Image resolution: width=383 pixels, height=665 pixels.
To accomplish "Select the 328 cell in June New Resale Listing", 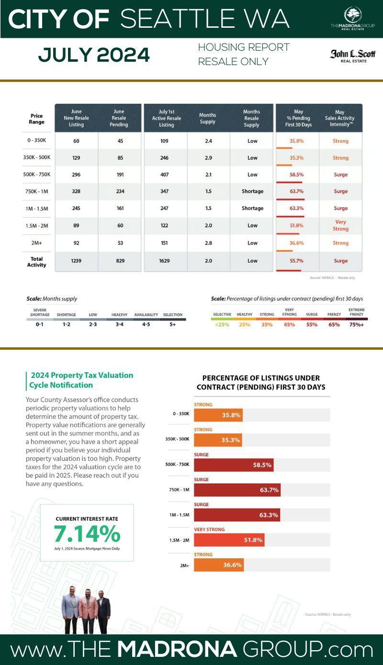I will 76,191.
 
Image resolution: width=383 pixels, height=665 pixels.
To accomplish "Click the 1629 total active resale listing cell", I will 166,261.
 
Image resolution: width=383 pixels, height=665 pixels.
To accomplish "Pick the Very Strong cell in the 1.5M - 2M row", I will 340,225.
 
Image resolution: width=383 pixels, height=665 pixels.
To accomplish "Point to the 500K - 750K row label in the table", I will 37,175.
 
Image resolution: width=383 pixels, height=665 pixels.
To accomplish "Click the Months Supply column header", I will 207,118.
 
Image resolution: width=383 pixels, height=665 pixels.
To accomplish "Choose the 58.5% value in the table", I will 296,175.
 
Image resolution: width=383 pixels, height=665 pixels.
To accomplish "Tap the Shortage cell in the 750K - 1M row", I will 252,191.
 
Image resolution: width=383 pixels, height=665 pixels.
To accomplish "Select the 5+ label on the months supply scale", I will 172,324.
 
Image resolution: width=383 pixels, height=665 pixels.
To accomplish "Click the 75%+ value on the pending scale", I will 356,324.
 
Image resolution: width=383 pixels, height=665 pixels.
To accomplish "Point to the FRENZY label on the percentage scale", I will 334,314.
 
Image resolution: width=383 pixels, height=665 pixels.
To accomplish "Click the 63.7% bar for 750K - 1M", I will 237,490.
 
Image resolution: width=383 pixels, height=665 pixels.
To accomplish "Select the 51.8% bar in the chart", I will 229,540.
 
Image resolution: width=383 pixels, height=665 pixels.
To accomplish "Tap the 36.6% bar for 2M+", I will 219,565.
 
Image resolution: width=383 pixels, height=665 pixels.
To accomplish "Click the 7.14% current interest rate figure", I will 87,533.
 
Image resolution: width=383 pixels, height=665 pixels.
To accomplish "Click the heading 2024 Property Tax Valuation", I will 81,375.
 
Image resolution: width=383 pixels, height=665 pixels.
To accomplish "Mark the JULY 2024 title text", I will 94,55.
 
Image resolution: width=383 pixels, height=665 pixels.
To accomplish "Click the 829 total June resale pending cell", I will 119,261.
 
